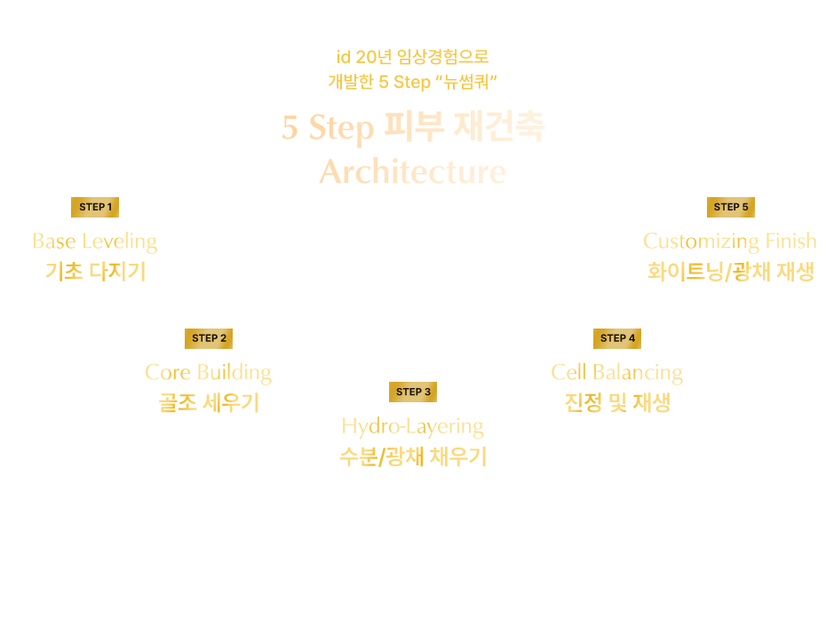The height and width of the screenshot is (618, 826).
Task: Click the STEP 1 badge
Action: click(x=95, y=207)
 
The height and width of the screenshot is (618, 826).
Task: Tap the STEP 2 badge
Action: click(x=209, y=337)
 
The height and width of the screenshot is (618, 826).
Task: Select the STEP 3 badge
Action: click(x=413, y=392)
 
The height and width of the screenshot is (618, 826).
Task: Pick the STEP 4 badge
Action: click(x=617, y=337)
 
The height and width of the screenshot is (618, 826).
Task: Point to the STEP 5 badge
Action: click(x=731, y=207)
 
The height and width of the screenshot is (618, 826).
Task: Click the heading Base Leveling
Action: click(x=95, y=241)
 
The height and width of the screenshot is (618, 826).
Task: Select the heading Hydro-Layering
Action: click(x=413, y=426)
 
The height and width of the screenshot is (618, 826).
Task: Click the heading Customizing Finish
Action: click(x=730, y=241)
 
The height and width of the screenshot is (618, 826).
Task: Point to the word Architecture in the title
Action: click(x=413, y=171)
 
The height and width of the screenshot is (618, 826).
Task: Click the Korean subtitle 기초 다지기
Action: click(x=95, y=271)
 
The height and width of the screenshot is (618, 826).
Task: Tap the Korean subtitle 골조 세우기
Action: click(x=209, y=402)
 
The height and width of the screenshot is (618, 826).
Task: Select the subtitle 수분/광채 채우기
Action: click(x=413, y=457)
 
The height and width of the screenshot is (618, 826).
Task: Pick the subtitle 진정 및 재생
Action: click(x=617, y=402)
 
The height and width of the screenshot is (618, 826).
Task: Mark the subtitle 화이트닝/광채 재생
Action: click(x=730, y=271)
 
